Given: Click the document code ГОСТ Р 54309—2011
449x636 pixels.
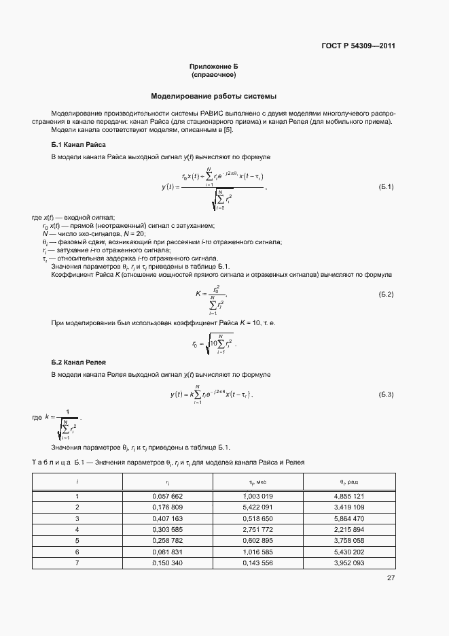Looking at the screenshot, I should coord(358,46).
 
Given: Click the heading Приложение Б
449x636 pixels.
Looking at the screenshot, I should coord(213,66).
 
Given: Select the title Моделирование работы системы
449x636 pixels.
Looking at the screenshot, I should coord(213,96).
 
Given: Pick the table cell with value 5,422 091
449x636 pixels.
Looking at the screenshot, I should coord(257,507).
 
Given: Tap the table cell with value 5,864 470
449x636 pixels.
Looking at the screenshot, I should coord(350,518).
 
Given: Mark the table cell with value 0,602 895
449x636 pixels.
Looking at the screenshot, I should coord(257,540).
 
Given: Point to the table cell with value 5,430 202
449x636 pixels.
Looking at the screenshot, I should coord(350,552).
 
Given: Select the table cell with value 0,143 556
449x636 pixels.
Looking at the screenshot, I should coord(257,563).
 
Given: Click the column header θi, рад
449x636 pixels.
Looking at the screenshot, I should coord(350,482).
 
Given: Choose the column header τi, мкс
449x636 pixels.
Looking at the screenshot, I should coord(257,482).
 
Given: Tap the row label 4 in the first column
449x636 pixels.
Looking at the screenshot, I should coord(77,529).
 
